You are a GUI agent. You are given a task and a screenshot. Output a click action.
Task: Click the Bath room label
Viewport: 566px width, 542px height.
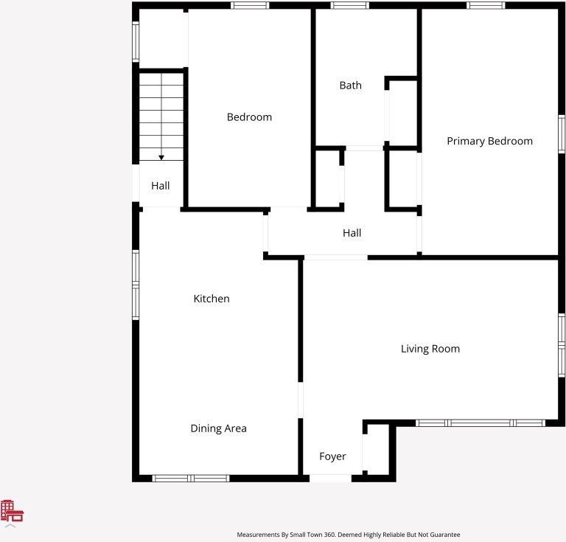pos(350,86)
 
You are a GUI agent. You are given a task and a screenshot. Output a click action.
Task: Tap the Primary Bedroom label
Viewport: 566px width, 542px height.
pos(489,141)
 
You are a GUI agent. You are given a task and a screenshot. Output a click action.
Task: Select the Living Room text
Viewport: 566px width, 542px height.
pos(430,349)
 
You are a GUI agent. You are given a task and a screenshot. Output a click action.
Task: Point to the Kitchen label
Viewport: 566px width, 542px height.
pos(212,299)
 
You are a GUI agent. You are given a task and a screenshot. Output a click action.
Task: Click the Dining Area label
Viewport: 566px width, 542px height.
pos(218,428)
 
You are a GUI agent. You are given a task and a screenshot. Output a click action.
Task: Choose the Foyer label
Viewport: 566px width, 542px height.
pos(332,456)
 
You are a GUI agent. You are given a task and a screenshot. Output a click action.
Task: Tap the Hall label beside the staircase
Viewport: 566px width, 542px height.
pos(160,186)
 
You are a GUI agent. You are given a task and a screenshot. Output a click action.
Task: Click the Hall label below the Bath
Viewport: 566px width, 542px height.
pos(352,233)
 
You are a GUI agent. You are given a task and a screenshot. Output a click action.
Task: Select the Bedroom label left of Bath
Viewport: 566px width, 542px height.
pos(249,117)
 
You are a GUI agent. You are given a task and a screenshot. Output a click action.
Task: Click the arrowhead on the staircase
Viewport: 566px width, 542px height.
pos(161,158)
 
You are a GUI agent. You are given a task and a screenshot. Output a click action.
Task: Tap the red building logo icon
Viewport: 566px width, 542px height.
pos(12,510)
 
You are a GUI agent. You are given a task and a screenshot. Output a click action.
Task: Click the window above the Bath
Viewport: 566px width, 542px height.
pos(349,5)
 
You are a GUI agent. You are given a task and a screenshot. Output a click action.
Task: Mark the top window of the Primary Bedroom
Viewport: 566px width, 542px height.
pos(486,5)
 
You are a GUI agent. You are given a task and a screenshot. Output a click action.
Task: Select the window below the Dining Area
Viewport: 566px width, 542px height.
pos(191,479)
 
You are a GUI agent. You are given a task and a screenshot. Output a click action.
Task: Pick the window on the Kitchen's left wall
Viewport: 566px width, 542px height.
pos(136,285)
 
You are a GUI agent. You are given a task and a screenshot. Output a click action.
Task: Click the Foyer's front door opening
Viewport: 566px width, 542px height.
pos(330,479)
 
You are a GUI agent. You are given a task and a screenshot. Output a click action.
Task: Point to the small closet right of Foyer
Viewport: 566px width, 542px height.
pos(377,450)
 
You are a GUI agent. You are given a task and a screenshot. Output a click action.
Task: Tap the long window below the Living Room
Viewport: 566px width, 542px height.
pos(481,423)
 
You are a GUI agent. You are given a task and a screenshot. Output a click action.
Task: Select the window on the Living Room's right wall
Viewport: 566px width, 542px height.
pos(562,346)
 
